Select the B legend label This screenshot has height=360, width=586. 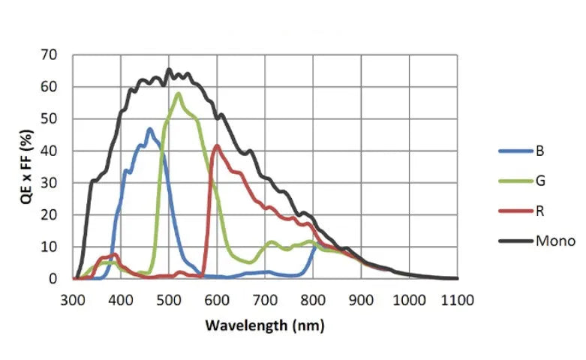539,151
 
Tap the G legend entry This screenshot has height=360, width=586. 540,181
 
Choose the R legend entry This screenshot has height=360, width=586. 539,211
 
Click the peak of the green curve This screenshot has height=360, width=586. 178,94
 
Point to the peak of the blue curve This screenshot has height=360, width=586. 150,129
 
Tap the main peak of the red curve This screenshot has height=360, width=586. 218,145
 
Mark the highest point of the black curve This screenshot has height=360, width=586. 169,70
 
